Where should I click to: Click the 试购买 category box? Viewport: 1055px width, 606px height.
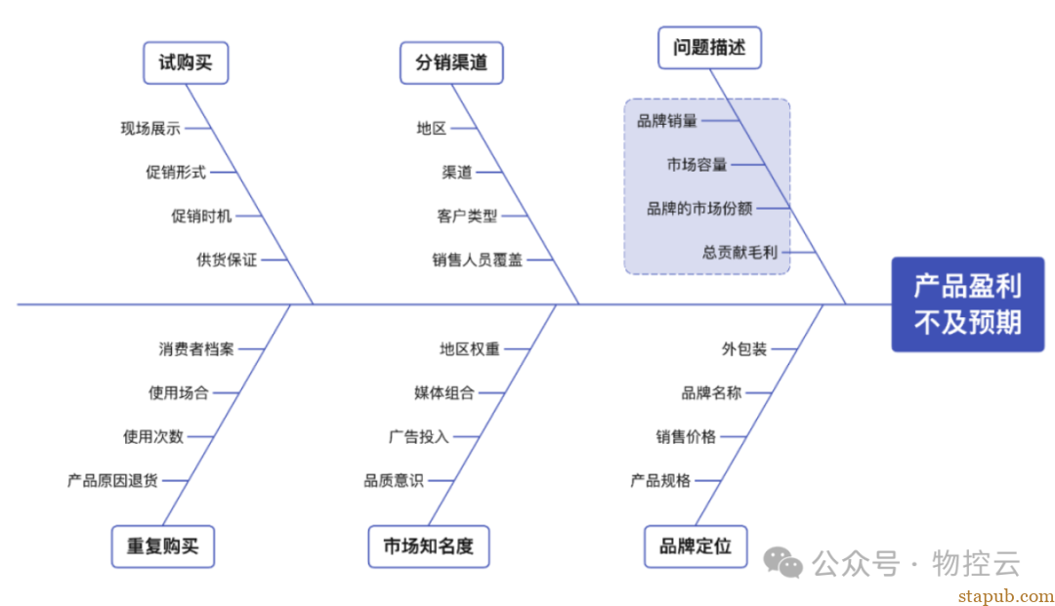(x=186, y=62)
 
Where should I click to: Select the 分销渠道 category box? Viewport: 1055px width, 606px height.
(x=451, y=63)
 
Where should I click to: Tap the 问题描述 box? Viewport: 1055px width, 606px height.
(x=709, y=47)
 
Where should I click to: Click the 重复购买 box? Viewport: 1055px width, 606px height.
(x=162, y=546)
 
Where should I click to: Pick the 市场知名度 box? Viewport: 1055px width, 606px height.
(x=428, y=546)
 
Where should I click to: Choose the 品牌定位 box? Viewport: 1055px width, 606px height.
(x=696, y=546)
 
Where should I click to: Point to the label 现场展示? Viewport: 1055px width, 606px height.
(x=150, y=128)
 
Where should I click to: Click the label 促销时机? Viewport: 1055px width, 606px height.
(x=201, y=216)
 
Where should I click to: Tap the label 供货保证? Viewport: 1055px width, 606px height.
(x=227, y=260)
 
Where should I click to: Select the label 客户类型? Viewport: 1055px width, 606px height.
(x=467, y=216)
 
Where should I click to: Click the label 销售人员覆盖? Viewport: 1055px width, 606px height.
(x=478, y=260)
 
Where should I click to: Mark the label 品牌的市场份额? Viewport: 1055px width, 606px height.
(x=699, y=208)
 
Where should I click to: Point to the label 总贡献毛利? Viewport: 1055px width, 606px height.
(x=739, y=252)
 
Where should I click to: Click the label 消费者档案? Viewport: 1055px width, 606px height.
(x=196, y=348)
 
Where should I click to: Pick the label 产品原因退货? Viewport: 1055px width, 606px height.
(x=112, y=480)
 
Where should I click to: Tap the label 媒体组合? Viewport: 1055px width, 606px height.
(x=444, y=392)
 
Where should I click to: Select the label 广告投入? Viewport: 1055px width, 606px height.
(x=418, y=436)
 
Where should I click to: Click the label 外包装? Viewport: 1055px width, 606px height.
(x=744, y=348)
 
